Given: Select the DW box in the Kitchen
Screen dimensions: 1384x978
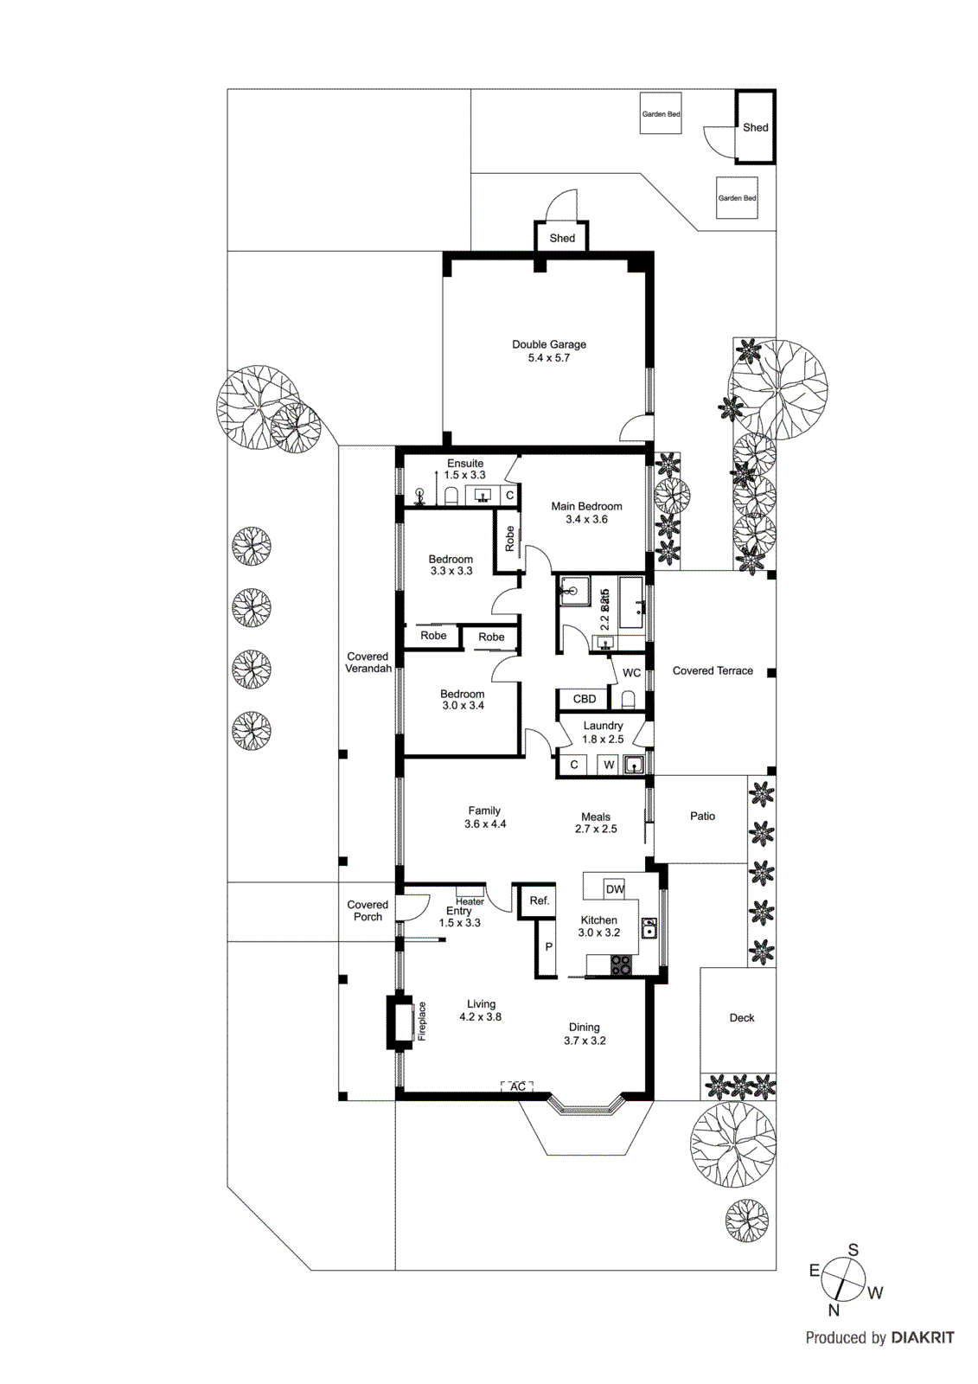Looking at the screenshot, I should [615, 889].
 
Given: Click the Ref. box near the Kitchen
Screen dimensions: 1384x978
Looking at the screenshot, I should [540, 900].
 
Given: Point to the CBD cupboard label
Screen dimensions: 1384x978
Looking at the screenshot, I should [585, 699].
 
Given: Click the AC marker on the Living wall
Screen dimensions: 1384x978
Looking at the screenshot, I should [517, 1086].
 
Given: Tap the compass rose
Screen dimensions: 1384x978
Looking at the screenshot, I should [842, 1280].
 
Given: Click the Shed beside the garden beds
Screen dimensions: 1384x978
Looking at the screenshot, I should [755, 127].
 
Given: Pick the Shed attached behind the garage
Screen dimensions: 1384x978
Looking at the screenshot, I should [562, 238].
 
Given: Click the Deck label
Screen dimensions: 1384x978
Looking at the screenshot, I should [742, 1018].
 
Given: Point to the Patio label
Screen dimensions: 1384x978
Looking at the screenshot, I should [702, 816].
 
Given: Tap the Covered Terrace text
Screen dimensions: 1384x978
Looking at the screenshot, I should [713, 670].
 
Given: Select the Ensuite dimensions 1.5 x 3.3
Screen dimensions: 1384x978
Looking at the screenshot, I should [465, 475].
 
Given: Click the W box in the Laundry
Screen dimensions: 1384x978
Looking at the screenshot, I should [609, 765].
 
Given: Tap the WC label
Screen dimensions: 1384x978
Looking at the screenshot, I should [632, 673].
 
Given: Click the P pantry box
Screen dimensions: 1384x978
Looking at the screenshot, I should [548, 947].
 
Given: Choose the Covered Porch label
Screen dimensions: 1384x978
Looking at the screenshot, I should [368, 911].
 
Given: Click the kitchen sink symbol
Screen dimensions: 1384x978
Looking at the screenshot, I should [649, 930].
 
